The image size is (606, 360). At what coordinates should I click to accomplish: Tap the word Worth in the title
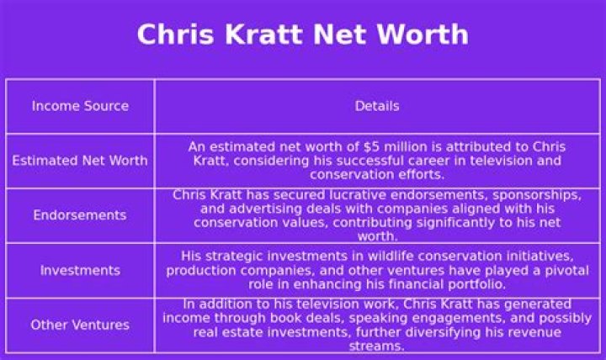click(x=423, y=34)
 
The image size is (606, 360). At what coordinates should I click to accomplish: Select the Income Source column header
click(x=80, y=106)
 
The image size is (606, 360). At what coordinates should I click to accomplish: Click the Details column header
click(x=377, y=106)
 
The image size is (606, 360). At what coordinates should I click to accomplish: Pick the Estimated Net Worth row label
click(x=80, y=161)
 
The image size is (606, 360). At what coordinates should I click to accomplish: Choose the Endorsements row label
click(x=80, y=215)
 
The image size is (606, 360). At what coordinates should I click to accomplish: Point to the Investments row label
click(x=80, y=270)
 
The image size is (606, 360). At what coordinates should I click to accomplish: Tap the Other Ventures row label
click(x=80, y=325)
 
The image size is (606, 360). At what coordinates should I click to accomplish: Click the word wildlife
click(x=402, y=256)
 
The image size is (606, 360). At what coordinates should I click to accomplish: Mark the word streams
click(x=376, y=345)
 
